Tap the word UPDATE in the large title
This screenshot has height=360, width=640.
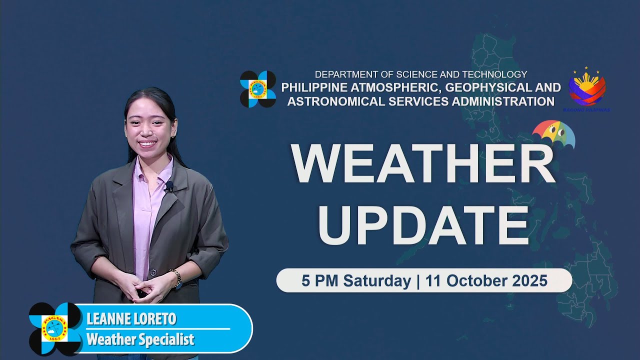click(x=423, y=224)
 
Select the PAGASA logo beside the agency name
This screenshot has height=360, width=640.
click(x=258, y=89)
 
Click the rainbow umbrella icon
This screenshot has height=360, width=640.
click(x=553, y=134)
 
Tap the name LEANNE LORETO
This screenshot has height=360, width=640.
click(x=131, y=319)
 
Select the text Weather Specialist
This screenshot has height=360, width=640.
click(x=140, y=340)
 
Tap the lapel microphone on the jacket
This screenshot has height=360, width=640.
click(x=169, y=187)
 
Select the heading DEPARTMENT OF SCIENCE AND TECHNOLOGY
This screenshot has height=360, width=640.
click(x=421, y=74)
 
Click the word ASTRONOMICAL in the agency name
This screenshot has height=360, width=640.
click(x=330, y=101)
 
